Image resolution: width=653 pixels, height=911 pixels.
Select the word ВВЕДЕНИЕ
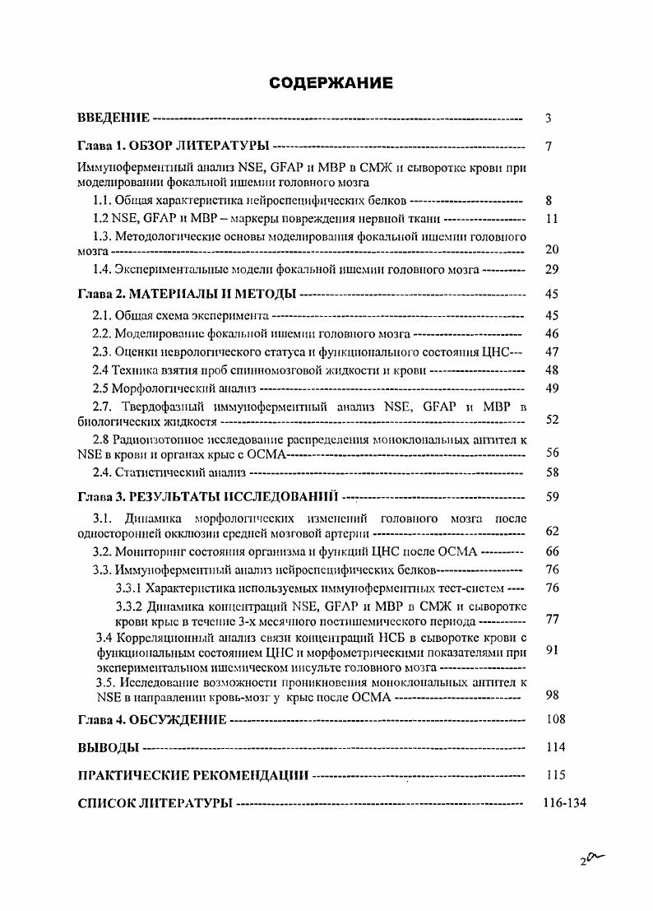[x=113, y=119]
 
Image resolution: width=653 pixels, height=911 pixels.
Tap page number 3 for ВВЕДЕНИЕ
[x=548, y=119]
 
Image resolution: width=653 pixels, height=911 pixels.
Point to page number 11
[x=552, y=219]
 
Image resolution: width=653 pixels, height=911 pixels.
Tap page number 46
[x=552, y=334]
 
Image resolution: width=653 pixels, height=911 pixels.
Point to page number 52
[x=552, y=420]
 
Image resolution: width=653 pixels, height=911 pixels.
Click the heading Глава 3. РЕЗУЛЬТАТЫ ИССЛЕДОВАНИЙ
[x=208, y=498]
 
